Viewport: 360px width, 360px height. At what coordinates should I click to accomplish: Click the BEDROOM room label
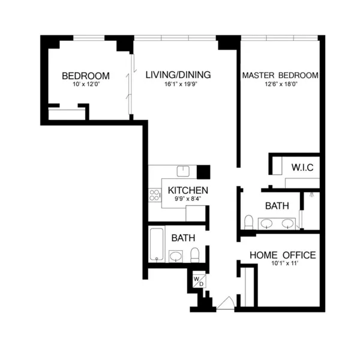pos(86,76)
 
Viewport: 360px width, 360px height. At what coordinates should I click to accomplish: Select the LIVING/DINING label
pos(178,75)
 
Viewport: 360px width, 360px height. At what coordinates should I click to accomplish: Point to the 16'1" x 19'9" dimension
pos(178,84)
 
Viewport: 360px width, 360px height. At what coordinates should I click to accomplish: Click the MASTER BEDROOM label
pos(280,76)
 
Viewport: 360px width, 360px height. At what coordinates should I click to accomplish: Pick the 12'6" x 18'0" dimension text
pos(280,84)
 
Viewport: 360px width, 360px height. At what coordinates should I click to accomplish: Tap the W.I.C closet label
pos(302,166)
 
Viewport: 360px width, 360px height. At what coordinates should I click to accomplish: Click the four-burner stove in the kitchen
pos(154,195)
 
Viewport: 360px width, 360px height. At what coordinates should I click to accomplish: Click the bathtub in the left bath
pos(157,244)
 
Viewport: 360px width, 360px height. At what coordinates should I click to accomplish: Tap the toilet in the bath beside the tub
pos(194,256)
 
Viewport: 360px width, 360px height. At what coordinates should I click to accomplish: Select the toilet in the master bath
pos(248,223)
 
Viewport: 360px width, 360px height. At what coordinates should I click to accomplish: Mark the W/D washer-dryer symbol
pos(198,280)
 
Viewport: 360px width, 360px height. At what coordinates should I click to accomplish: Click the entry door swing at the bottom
pos(226,303)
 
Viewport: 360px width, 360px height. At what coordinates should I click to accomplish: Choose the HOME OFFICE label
pos(283,255)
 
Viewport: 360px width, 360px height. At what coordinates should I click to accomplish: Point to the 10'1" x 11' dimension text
pos(283,263)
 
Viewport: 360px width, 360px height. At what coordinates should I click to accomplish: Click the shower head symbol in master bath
pos(311,195)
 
